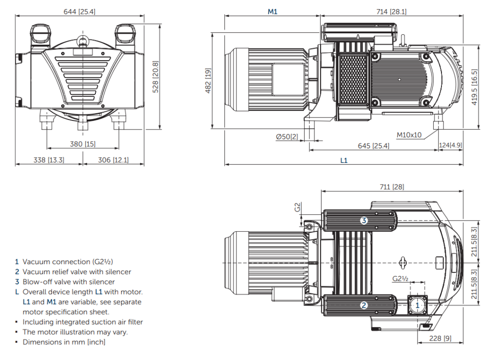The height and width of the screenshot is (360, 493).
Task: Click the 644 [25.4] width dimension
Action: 79,11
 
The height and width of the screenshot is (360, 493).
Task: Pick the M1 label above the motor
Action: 272,11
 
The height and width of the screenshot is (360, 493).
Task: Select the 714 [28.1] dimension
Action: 391,11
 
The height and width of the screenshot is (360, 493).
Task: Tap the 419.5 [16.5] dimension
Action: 475,88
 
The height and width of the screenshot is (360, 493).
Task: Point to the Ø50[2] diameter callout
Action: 287,136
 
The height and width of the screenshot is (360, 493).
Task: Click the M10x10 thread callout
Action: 409,135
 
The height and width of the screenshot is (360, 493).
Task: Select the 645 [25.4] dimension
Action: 374,146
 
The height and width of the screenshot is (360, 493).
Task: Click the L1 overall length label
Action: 343,160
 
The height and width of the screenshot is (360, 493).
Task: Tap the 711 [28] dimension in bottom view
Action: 392,187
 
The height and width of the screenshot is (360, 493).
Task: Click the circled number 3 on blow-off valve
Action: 364,221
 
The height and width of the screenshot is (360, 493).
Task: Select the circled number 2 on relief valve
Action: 364,305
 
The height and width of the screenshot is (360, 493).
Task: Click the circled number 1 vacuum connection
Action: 417,305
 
